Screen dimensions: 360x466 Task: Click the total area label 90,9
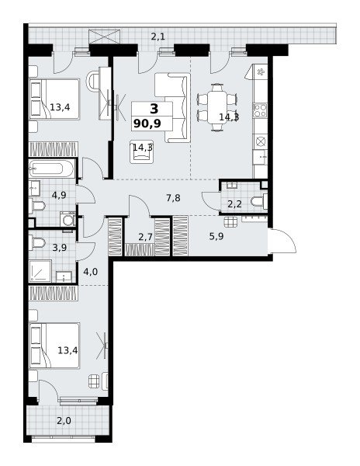[x=147, y=123]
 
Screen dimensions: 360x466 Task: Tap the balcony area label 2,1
[x=158, y=37]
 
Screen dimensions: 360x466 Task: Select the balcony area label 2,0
[x=64, y=421]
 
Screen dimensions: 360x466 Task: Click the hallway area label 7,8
[x=173, y=198]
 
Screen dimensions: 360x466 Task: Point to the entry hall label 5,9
[x=216, y=237]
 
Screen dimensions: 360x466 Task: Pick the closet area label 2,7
[x=145, y=237]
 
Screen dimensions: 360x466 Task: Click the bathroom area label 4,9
[x=59, y=195]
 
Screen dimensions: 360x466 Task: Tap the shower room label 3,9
[x=60, y=248]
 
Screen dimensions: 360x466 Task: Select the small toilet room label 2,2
[x=234, y=204]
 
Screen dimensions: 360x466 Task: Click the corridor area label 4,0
[x=91, y=272]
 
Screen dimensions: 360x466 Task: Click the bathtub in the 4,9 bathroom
[x=51, y=169]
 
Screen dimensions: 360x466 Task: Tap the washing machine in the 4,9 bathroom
[x=69, y=221]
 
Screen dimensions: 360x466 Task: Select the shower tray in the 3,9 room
[x=40, y=271]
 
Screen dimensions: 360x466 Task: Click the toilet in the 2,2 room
[x=259, y=201]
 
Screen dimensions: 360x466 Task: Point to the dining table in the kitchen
[x=217, y=107]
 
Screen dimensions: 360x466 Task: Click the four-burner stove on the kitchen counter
[x=260, y=110]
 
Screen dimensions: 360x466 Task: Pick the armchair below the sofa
[x=142, y=151]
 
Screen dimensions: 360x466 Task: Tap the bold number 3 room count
[x=154, y=109]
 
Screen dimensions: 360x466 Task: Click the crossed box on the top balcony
[x=105, y=37]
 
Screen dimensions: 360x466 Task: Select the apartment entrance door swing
[x=284, y=240]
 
